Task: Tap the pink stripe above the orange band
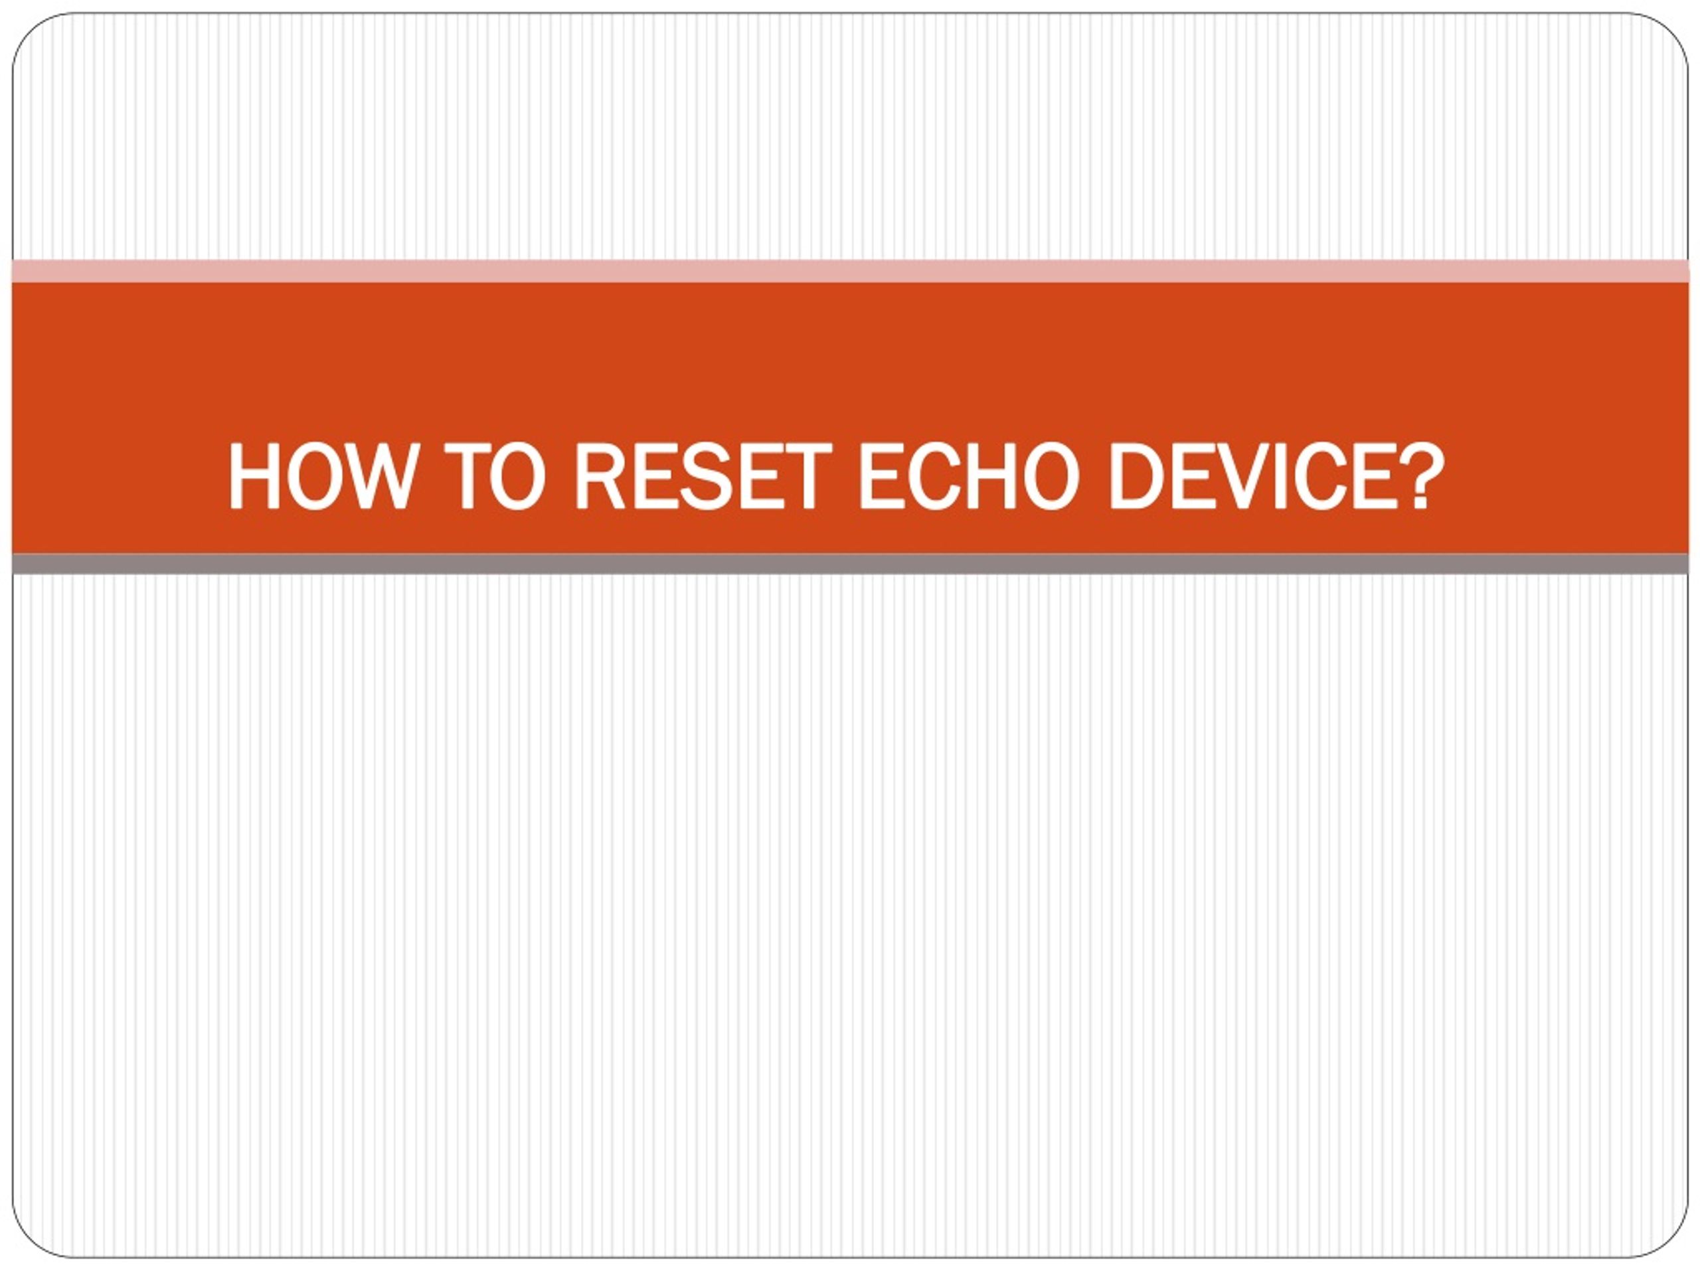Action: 850,272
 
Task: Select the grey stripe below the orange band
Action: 850,563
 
